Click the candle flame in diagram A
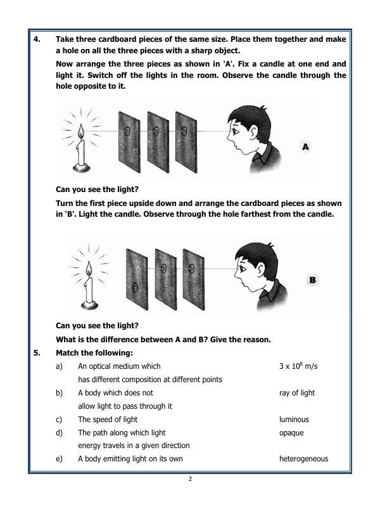coord(80,132)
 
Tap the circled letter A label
coord(306,146)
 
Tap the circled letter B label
coord(313,279)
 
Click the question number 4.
coord(37,39)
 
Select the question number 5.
coord(37,353)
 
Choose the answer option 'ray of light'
coord(297,393)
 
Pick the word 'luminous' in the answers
coord(294,420)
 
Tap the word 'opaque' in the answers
coord(291,433)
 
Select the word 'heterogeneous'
coord(303,459)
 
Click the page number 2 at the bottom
coord(189,479)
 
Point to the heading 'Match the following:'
coord(94,353)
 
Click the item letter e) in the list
coord(59,459)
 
